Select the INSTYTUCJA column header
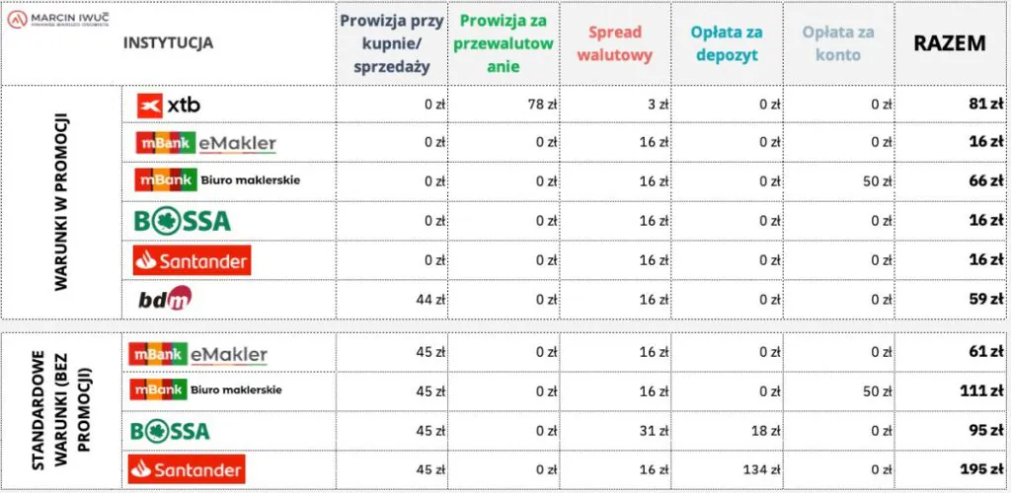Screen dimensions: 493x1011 coord(168,43)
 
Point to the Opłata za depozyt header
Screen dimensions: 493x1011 coord(726,43)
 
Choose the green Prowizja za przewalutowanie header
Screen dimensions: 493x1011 coord(504,43)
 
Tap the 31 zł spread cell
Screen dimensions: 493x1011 coord(647,431)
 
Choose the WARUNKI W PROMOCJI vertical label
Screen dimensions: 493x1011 coord(61,202)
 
